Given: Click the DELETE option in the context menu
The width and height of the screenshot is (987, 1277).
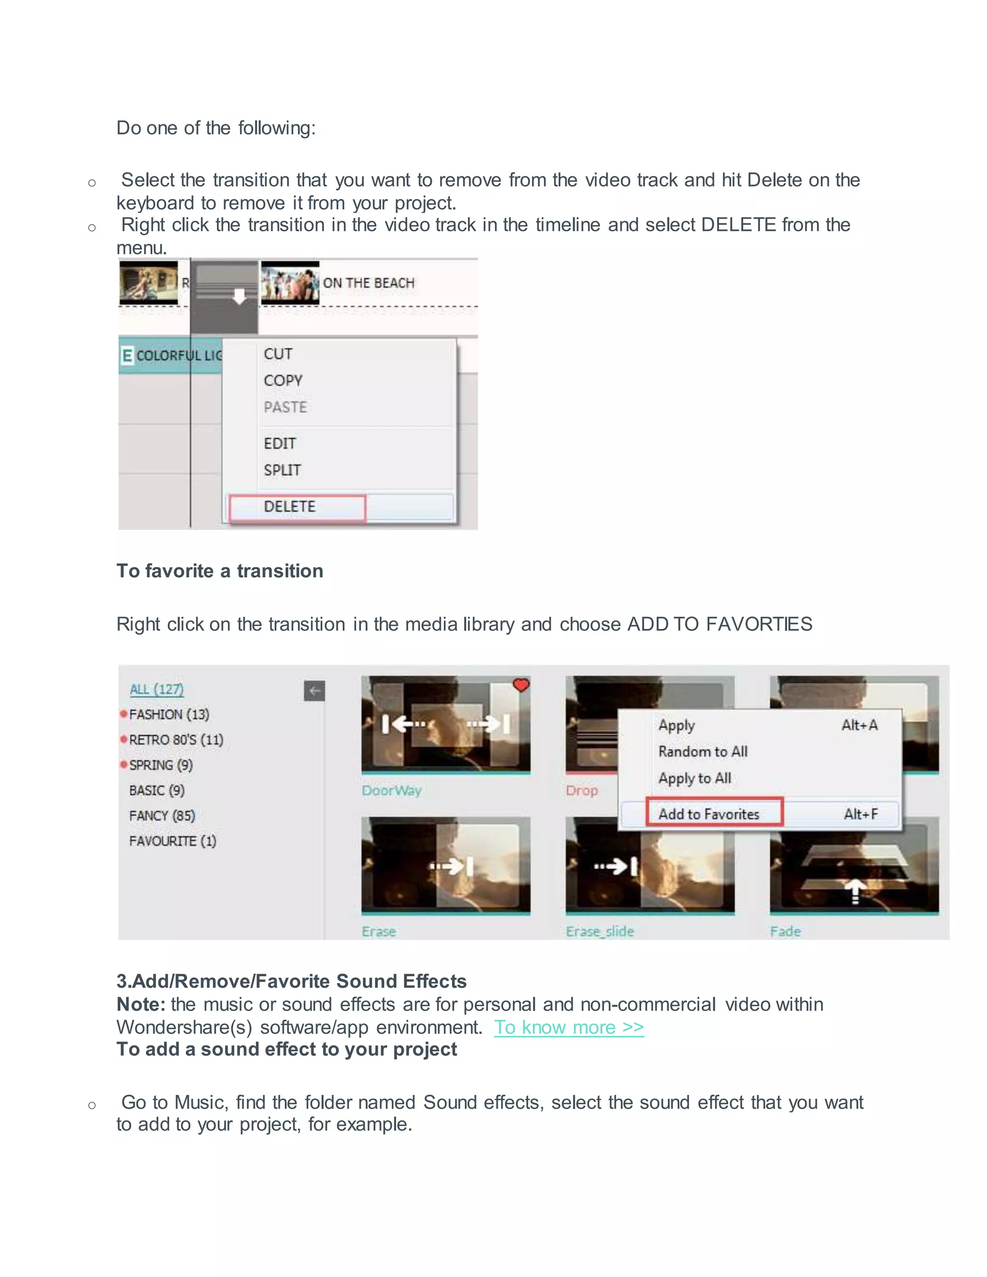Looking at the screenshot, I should point(290,506).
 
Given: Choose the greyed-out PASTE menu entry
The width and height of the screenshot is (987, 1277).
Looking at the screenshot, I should point(285,407).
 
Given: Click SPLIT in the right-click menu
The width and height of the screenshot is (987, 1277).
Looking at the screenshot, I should point(282,470).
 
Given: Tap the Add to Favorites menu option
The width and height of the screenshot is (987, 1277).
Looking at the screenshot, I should point(708,814).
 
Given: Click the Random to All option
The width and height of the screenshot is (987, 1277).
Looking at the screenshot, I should point(703,751).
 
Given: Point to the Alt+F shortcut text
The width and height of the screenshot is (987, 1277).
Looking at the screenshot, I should point(860,814).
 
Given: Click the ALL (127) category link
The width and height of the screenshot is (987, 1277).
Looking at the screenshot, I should point(156,690).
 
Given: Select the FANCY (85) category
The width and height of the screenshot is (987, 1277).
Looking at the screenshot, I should point(162,816).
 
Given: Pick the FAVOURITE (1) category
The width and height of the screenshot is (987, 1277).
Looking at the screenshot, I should point(173,841).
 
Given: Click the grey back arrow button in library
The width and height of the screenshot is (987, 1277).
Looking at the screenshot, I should point(315,691).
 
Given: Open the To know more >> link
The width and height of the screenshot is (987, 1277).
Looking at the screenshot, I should point(568,1027).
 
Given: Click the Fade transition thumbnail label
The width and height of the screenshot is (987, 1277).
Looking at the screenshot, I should point(785,931).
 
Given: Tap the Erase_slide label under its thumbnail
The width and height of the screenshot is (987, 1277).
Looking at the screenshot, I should point(600,931).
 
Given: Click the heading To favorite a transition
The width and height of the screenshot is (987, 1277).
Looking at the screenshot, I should point(220,571).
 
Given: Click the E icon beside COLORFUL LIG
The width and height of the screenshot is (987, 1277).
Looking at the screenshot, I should point(127,356).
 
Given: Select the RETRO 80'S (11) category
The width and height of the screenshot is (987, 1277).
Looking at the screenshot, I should point(175,740).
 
